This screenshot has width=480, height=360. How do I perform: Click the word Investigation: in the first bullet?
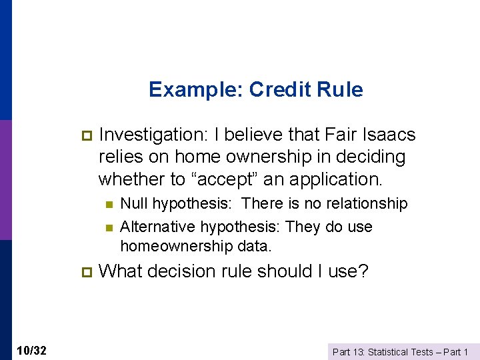151,135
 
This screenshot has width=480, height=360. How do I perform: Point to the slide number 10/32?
32,351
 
